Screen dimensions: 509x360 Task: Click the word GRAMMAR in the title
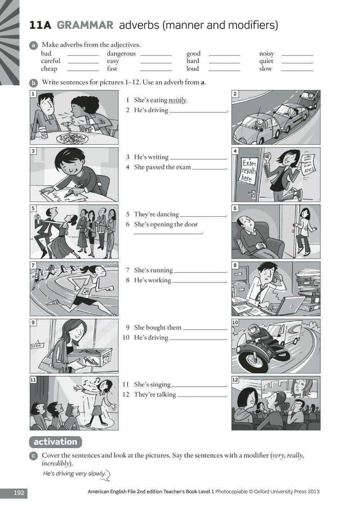85,25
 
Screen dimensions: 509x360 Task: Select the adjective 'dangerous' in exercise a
121,54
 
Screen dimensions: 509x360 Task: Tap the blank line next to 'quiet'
297,61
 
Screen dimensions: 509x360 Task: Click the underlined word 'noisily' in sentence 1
177,100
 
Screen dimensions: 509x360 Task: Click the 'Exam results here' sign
249,170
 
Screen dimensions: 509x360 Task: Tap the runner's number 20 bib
87,291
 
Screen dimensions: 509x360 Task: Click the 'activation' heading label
55,442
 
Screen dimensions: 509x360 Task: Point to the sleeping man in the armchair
253,234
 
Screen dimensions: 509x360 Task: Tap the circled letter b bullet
33,83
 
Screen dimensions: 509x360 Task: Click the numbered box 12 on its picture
235,380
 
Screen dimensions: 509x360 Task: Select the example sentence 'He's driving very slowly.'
74,474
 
